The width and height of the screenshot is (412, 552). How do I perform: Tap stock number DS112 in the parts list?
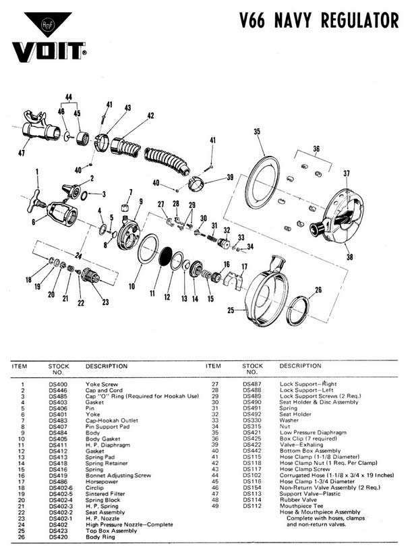click(x=253, y=505)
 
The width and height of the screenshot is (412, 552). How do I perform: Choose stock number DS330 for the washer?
click(x=253, y=420)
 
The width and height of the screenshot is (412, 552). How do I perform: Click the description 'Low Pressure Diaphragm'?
click(x=310, y=432)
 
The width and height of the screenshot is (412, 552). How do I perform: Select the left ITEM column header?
click(x=20, y=366)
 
